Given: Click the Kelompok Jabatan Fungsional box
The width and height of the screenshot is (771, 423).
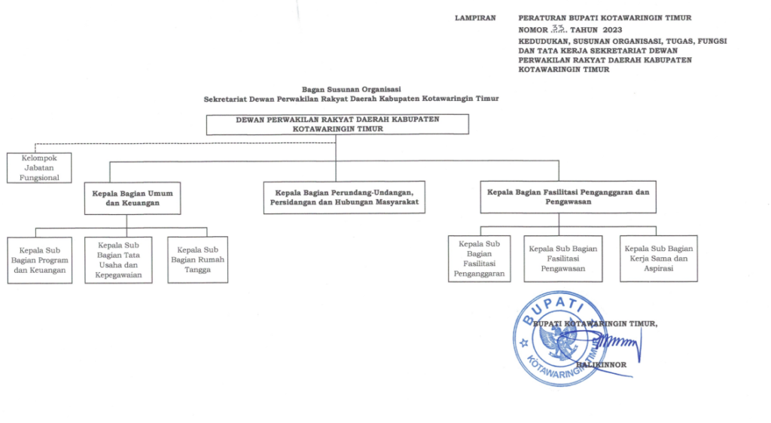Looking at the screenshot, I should pos(39,167).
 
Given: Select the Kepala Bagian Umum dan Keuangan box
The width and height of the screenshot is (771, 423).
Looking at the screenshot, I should pos(127,198).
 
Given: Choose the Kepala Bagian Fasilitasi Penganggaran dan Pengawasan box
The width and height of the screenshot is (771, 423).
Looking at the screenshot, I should pos(568,197).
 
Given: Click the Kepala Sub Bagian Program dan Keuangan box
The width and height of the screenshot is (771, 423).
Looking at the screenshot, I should pos(40,260).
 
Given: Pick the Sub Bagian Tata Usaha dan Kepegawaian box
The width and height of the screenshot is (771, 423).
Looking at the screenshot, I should pos(118,260).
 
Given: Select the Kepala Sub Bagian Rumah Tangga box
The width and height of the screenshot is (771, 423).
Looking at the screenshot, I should pos(197,260).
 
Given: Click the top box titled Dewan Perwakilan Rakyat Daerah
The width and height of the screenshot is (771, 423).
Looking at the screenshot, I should pos(337,124).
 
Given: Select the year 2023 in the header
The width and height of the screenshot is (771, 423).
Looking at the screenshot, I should pos(612,29).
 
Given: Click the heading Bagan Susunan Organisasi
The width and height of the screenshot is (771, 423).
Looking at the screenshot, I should pos(351,88).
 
